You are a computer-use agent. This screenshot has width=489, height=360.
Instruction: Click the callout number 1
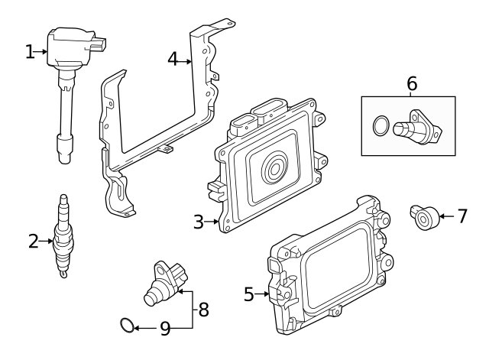[30, 51]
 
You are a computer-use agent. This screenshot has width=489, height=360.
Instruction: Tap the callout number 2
[33, 242]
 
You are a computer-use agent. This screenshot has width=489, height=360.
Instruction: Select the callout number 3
[199, 222]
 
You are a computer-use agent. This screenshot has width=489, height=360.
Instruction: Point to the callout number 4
[173, 58]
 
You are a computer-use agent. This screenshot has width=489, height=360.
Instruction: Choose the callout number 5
[248, 294]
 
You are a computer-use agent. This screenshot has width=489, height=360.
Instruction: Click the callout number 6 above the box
[412, 83]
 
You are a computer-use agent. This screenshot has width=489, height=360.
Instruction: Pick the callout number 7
[461, 216]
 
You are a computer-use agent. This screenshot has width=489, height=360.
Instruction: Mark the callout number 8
[203, 310]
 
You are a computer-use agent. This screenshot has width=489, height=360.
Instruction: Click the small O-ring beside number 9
[127, 328]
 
